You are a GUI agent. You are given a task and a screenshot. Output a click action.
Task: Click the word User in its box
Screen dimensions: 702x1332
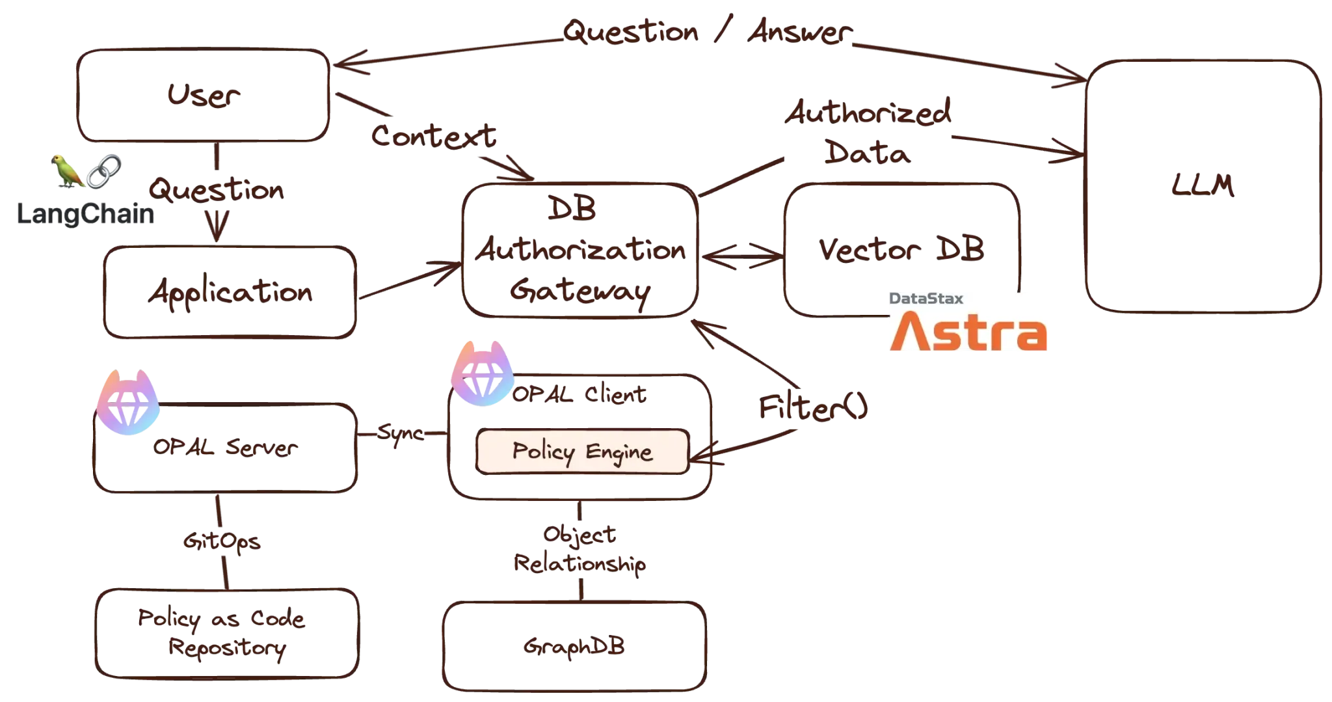tap(204, 98)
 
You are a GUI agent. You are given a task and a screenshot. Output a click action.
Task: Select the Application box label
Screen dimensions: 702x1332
tap(229, 294)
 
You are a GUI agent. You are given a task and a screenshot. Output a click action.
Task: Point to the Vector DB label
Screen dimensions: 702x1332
tap(900, 249)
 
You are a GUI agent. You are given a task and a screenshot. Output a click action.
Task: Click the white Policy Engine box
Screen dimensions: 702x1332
tap(582, 452)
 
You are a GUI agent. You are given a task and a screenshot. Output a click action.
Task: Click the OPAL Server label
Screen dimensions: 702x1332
tap(225, 448)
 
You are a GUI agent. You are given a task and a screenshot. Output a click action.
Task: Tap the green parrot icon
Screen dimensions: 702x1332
tap(68, 171)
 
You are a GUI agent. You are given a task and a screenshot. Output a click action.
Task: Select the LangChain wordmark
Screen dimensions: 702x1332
tap(86, 213)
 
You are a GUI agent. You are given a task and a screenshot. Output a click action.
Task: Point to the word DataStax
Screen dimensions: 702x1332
tap(926, 299)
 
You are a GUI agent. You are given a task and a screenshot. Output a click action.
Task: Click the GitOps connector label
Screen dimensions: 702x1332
tap(223, 541)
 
